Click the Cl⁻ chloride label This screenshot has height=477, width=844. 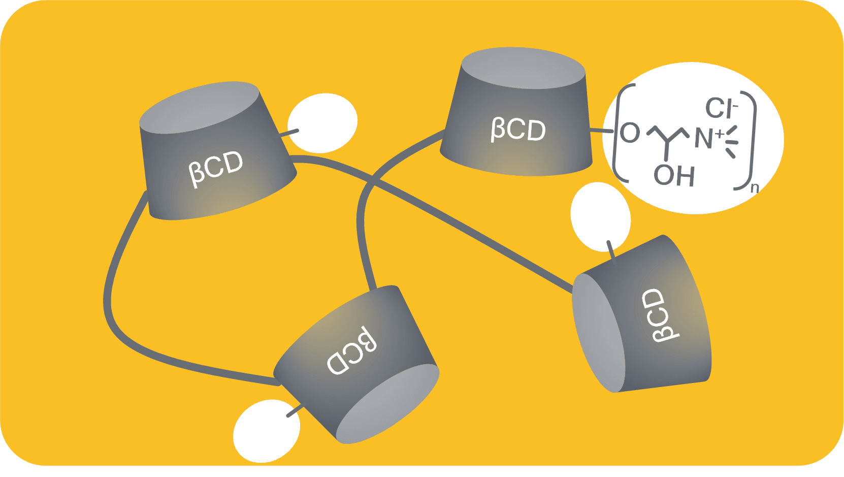coord(721,108)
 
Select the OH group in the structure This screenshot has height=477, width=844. coord(674,176)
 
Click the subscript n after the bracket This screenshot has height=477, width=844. coord(755,187)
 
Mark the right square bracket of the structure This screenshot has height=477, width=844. coord(744,140)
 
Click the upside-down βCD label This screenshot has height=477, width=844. coord(351,351)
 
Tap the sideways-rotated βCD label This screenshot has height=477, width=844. coord(660,316)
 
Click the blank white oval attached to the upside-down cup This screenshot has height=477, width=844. coord(267,431)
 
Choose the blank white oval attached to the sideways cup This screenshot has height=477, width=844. coord(601,217)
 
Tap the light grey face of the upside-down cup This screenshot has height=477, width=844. coord(387,404)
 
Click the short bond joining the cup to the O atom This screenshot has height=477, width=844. coord(602,131)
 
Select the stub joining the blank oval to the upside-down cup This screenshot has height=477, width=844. coord(295,410)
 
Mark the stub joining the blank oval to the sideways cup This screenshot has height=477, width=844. coord(611,250)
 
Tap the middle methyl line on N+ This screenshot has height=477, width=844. coord(732,142)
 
